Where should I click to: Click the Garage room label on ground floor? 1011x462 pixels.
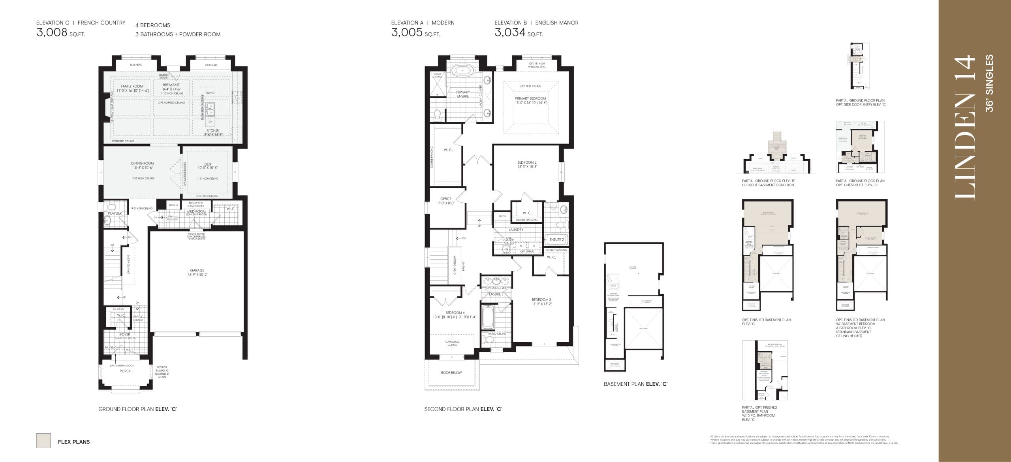tap(197, 270)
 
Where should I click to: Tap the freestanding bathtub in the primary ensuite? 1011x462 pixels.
tap(462, 71)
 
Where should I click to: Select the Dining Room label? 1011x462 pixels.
tap(143, 163)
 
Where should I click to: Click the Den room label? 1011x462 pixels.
tap(208, 164)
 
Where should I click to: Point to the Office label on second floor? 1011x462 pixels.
tap(445, 199)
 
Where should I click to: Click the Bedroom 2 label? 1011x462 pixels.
tap(527, 162)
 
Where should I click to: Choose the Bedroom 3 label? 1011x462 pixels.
tap(541, 300)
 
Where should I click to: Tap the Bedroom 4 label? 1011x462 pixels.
tap(455, 313)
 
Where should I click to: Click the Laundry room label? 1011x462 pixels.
tap(516, 230)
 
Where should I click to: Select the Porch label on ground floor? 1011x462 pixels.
tap(126, 371)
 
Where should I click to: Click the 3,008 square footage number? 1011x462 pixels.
tap(52, 32)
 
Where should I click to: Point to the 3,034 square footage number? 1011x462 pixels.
tap(510, 32)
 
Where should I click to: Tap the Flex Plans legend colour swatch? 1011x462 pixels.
tap(43, 440)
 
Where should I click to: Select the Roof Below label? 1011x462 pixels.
tap(451, 373)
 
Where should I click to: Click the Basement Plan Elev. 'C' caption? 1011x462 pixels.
tap(635, 384)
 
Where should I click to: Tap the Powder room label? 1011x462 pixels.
tap(115, 213)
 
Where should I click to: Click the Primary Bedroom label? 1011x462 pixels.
tap(530, 98)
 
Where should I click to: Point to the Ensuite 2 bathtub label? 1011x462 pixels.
tap(556, 239)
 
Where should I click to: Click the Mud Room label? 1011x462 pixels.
tap(196, 211)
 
